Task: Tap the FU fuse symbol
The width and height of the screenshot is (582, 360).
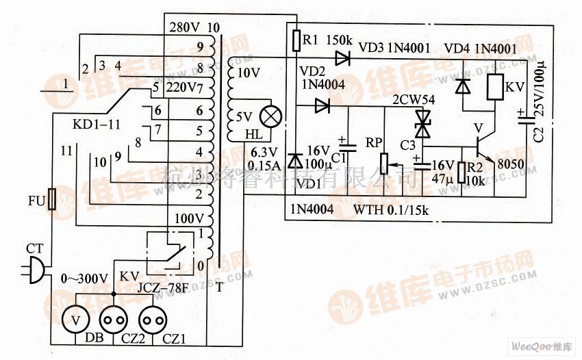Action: point(52,200)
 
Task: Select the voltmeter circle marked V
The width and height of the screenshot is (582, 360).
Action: point(75,319)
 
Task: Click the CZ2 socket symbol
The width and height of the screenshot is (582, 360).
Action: point(114,319)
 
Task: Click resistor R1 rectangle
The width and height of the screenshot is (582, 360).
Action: point(296,41)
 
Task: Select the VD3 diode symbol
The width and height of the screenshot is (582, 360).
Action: point(342,60)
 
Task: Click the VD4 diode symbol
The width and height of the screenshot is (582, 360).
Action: point(464,86)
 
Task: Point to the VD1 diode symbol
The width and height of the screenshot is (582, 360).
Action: point(296,160)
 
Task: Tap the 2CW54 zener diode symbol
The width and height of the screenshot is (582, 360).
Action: point(422,124)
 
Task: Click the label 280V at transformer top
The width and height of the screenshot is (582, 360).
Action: point(184,28)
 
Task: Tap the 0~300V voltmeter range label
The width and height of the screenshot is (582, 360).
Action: point(84,279)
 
